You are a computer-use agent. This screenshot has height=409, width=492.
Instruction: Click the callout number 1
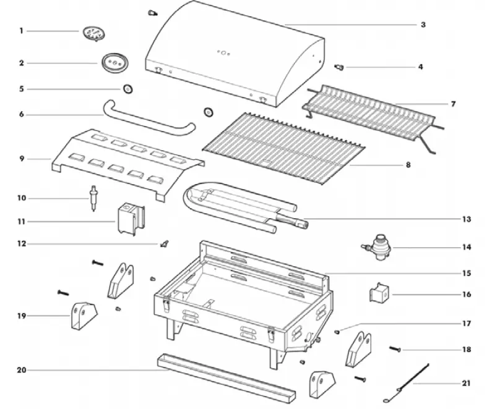point(21,31)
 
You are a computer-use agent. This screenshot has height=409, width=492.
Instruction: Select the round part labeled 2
point(113,62)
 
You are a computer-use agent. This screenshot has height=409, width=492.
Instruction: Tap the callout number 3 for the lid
point(423,25)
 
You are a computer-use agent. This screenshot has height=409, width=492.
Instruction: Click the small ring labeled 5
point(128,89)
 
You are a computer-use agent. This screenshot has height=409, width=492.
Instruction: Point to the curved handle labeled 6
point(149,119)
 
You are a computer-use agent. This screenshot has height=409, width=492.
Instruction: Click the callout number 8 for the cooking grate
point(407,165)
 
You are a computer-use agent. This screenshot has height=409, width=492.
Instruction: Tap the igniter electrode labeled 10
point(93,198)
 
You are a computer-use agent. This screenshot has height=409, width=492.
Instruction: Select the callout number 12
point(21,244)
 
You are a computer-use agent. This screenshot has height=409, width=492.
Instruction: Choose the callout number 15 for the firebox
point(467,272)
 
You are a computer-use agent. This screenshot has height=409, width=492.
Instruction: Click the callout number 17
point(467,323)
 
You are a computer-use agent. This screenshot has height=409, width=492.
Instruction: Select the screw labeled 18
point(395,350)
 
